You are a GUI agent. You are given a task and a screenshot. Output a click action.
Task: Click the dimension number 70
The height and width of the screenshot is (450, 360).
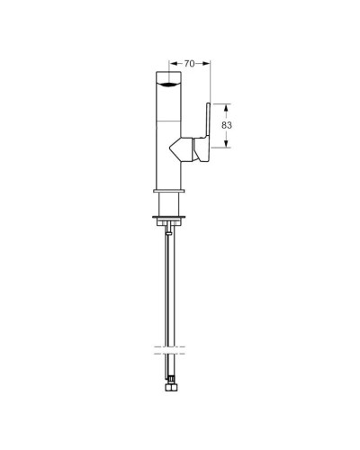coord(190,64)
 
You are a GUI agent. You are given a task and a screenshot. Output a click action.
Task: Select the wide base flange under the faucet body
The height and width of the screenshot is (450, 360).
coord(168,193)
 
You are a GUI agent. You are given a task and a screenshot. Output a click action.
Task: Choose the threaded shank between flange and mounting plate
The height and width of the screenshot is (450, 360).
coord(168,207)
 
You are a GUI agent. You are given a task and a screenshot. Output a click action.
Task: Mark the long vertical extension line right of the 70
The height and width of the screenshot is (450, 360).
coord(210,90)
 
